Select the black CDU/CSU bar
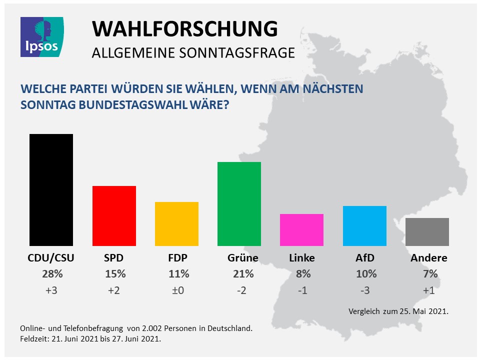(x=51, y=190)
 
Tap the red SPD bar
(x=114, y=216)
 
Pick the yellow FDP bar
(x=177, y=224)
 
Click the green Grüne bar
(x=239, y=204)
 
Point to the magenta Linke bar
(x=301, y=230)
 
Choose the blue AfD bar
(x=364, y=226)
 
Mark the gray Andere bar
(x=427, y=232)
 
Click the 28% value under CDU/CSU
(x=52, y=274)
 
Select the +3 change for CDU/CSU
(x=52, y=290)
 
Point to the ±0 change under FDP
(x=178, y=290)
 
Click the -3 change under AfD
(x=364, y=290)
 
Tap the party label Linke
(x=302, y=258)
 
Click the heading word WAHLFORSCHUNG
(x=184, y=29)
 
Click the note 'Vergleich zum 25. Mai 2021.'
(x=398, y=311)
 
